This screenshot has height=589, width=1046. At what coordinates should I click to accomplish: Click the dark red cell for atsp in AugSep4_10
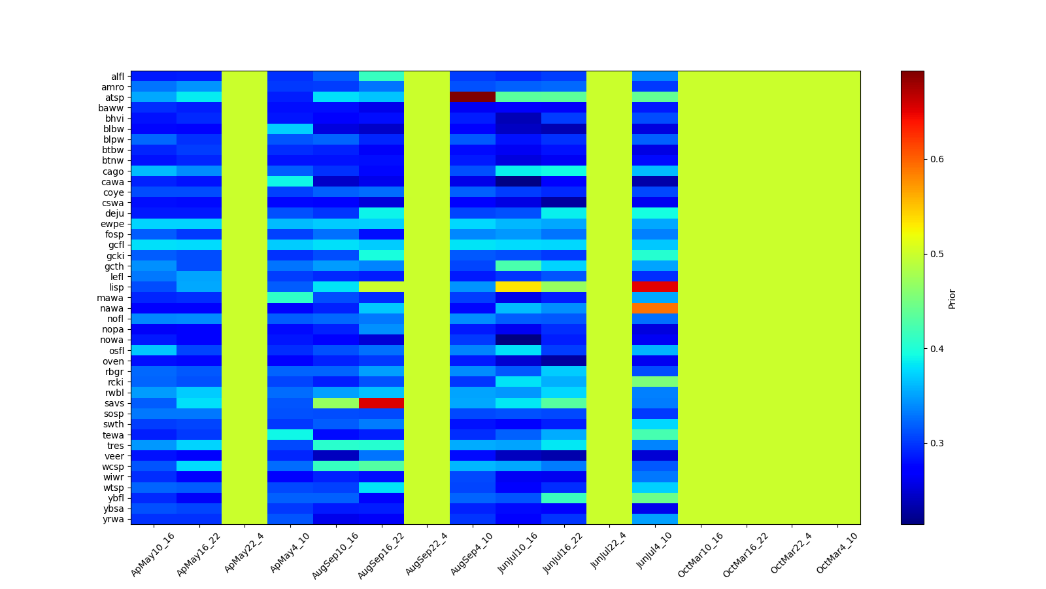click(x=472, y=98)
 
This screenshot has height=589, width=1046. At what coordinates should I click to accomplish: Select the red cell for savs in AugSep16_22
click(x=381, y=403)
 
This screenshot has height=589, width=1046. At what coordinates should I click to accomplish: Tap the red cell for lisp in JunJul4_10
click(x=654, y=287)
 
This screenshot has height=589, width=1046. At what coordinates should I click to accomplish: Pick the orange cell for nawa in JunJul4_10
click(x=654, y=308)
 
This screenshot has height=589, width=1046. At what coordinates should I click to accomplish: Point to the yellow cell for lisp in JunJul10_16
click(x=518, y=287)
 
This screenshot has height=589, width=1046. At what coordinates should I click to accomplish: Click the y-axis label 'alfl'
click(x=117, y=77)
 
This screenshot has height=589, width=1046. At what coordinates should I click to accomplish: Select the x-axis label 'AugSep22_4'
click(x=426, y=554)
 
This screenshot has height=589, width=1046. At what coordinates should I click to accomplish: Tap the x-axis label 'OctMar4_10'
click(x=837, y=554)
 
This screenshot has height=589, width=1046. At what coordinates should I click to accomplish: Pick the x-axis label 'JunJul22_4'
click(x=609, y=553)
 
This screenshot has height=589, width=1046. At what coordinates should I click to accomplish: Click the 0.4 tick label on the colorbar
click(x=936, y=349)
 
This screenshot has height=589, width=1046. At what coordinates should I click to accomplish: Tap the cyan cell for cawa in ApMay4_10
click(x=290, y=181)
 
